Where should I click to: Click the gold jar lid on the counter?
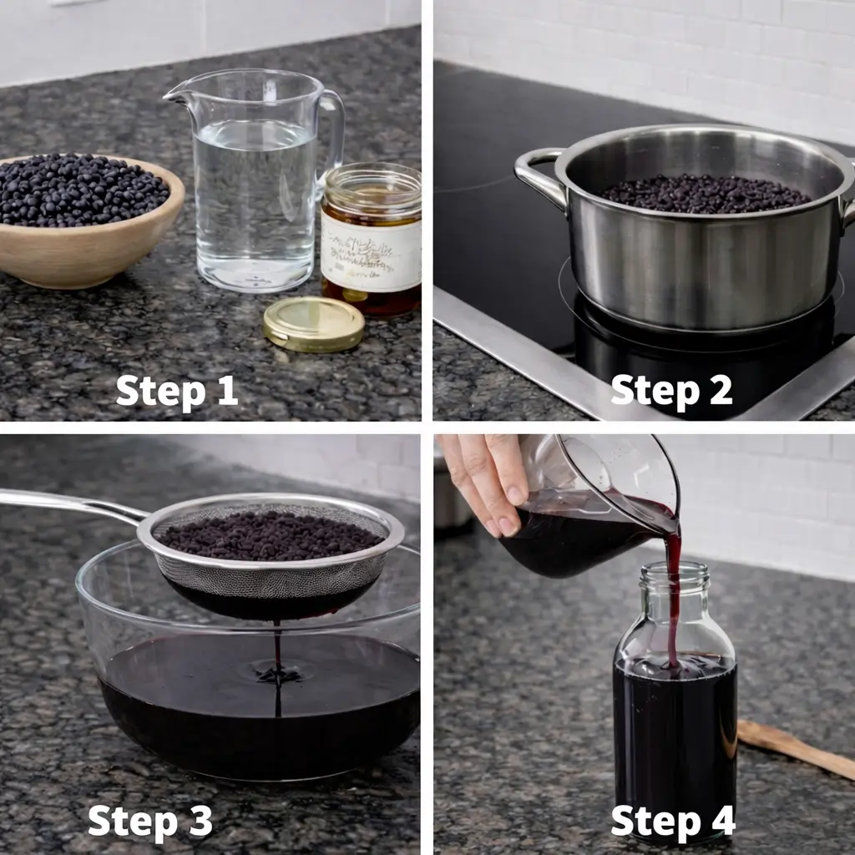[x=313, y=324]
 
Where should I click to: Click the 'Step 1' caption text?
[x=177, y=391]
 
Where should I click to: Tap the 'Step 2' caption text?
[x=671, y=391]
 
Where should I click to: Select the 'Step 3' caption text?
[x=150, y=821]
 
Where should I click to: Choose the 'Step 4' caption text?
[x=673, y=821]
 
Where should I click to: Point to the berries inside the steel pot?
[x=706, y=194]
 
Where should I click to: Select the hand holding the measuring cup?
[x=484, y=480]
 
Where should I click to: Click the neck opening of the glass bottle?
[x=675, y=573]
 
